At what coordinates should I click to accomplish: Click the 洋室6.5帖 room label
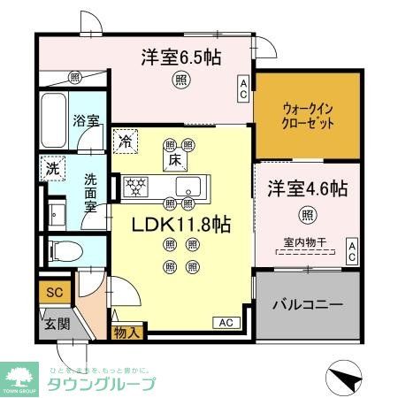coord(180,59)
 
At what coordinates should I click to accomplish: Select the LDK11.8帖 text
coord(181,225)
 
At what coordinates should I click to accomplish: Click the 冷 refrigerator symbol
coord(125,140)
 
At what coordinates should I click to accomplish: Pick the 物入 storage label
coord(126,333)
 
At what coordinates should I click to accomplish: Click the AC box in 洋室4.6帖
coord(351,250)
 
